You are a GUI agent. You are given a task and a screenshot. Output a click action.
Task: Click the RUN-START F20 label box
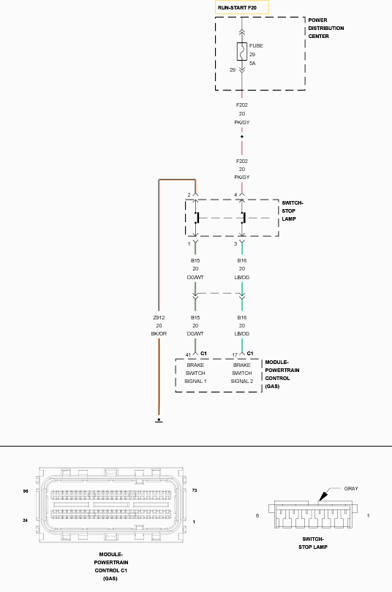click(x=241, y=7)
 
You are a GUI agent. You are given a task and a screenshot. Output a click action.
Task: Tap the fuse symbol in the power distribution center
click(x=241, y=51)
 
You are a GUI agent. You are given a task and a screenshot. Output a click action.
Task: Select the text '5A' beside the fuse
click(x=252, y=64)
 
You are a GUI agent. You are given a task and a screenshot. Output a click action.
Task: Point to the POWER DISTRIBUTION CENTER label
click(x=326, y=29)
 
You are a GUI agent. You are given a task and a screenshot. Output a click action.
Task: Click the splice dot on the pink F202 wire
click(x=242, y=137)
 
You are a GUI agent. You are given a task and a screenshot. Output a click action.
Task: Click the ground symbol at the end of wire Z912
click(x=159, y=420)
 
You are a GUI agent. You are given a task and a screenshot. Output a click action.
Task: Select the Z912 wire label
click(x=159, y=317)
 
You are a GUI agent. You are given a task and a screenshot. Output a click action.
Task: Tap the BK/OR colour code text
click(x=159, y=334)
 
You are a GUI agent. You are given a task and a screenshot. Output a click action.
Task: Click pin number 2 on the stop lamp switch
click(x=189, y=195)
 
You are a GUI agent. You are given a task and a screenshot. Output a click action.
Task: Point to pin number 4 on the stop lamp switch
click(x=235, y=195)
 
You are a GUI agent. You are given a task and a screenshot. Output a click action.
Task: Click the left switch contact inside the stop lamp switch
click(x=197, y=218)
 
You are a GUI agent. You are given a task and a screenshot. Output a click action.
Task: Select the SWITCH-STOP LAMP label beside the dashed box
click(x=293, y=211)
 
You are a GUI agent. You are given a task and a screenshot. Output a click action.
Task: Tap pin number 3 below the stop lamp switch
click(x=235, y=244)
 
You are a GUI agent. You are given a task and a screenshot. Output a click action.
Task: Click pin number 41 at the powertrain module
click(x=188, y=355)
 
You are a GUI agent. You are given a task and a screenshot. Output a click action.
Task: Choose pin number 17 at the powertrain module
click(x=235, y=355)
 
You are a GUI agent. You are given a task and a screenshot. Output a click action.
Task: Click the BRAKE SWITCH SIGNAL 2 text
click(x=241, y=373)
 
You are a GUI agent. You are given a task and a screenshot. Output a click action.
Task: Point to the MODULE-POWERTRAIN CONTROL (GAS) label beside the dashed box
click(x=282, y=374)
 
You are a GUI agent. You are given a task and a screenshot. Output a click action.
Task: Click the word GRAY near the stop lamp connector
click(x=351, y=488)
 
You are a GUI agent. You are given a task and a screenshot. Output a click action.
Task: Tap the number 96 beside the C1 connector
click(x=26, y=491)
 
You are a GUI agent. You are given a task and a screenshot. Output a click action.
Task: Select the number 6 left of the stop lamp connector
click(x=257, y=516)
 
